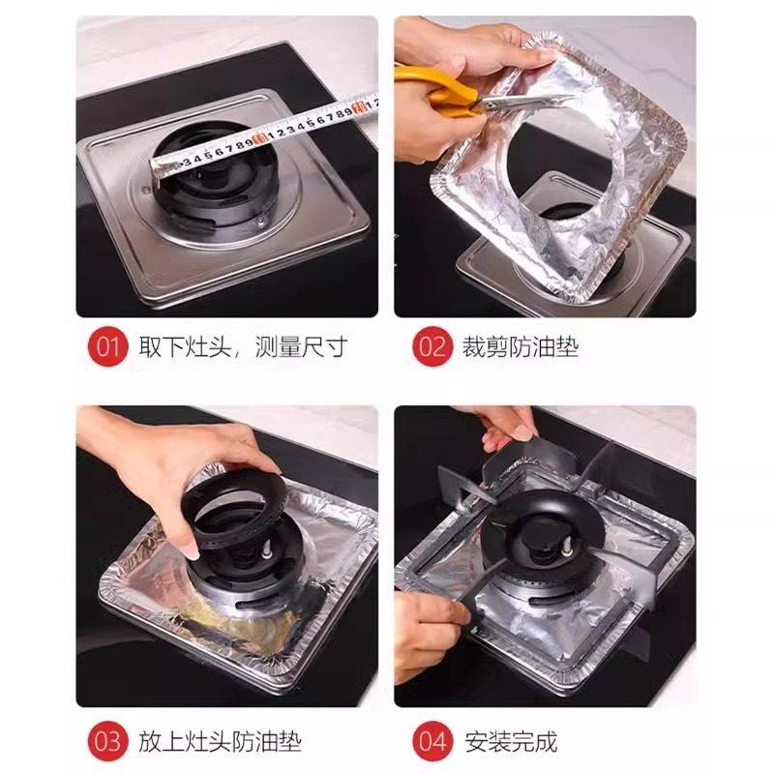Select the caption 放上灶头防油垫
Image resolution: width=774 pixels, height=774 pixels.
(x=220, y=742)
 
